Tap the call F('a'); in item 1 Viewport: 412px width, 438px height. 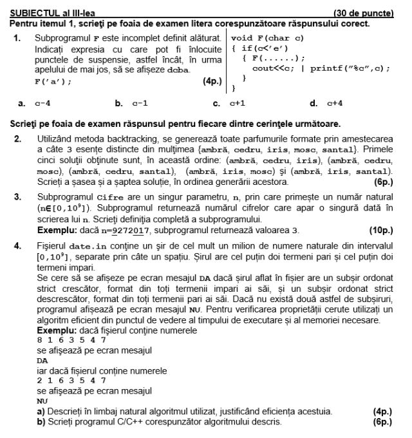pyautogui.click(x=53, y=82)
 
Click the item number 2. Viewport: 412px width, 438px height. pyautogui.click(x=17, y=138)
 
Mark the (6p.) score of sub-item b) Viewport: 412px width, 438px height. pyautogui.click(x=382, y=422)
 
